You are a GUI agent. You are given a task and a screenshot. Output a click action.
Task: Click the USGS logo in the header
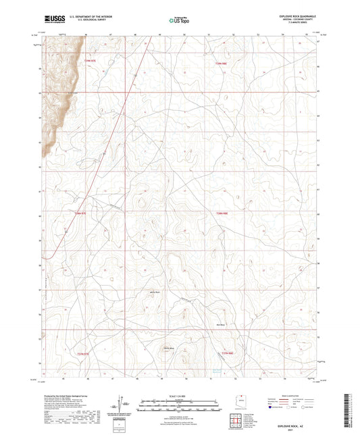click(x=53, y=20)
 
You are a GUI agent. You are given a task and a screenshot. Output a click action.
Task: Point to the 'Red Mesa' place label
click(x=239, y=325)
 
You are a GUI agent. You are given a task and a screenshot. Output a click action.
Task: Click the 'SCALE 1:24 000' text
click(x=180, y=394)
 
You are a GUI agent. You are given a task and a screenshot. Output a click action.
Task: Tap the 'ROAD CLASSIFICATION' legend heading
click(x=291, y=394)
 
